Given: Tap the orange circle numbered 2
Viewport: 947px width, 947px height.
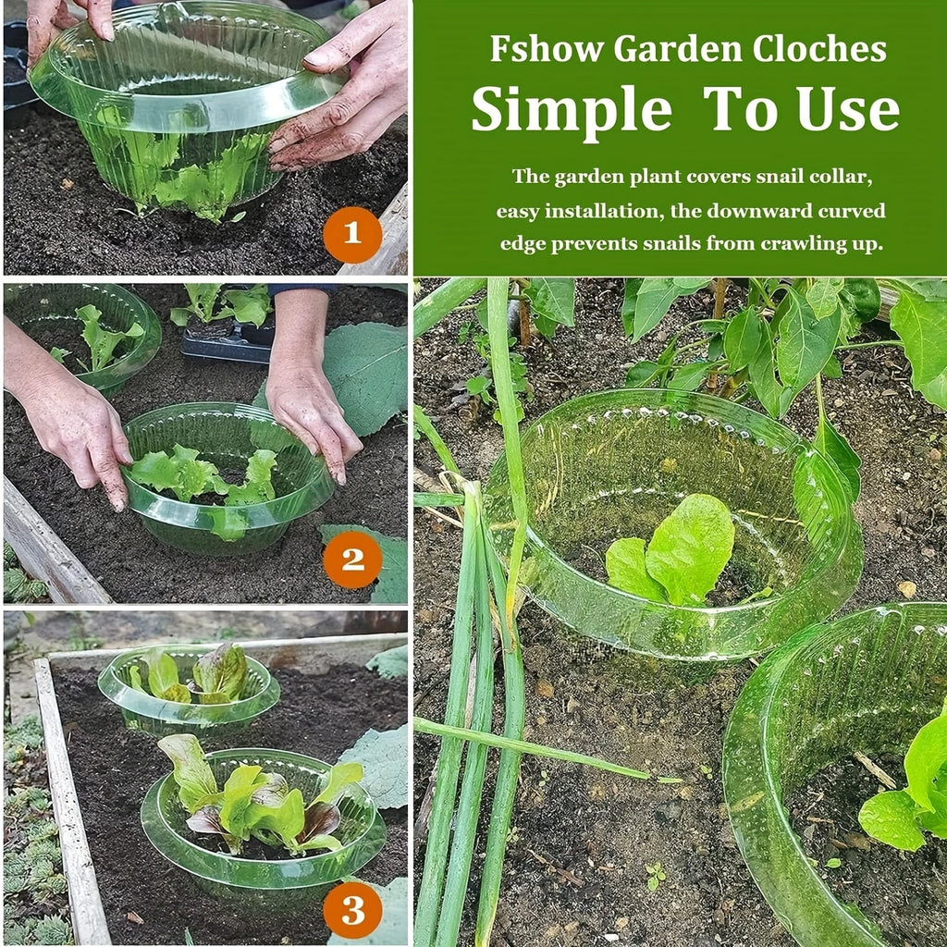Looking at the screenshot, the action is (x=352, y=560).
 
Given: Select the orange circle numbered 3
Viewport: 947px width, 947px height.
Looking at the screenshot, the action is (x=352, y=910).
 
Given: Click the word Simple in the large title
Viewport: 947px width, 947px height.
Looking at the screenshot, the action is (x=572, y=111).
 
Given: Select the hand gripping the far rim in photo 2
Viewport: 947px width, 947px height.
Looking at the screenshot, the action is (x=307, y=387).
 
